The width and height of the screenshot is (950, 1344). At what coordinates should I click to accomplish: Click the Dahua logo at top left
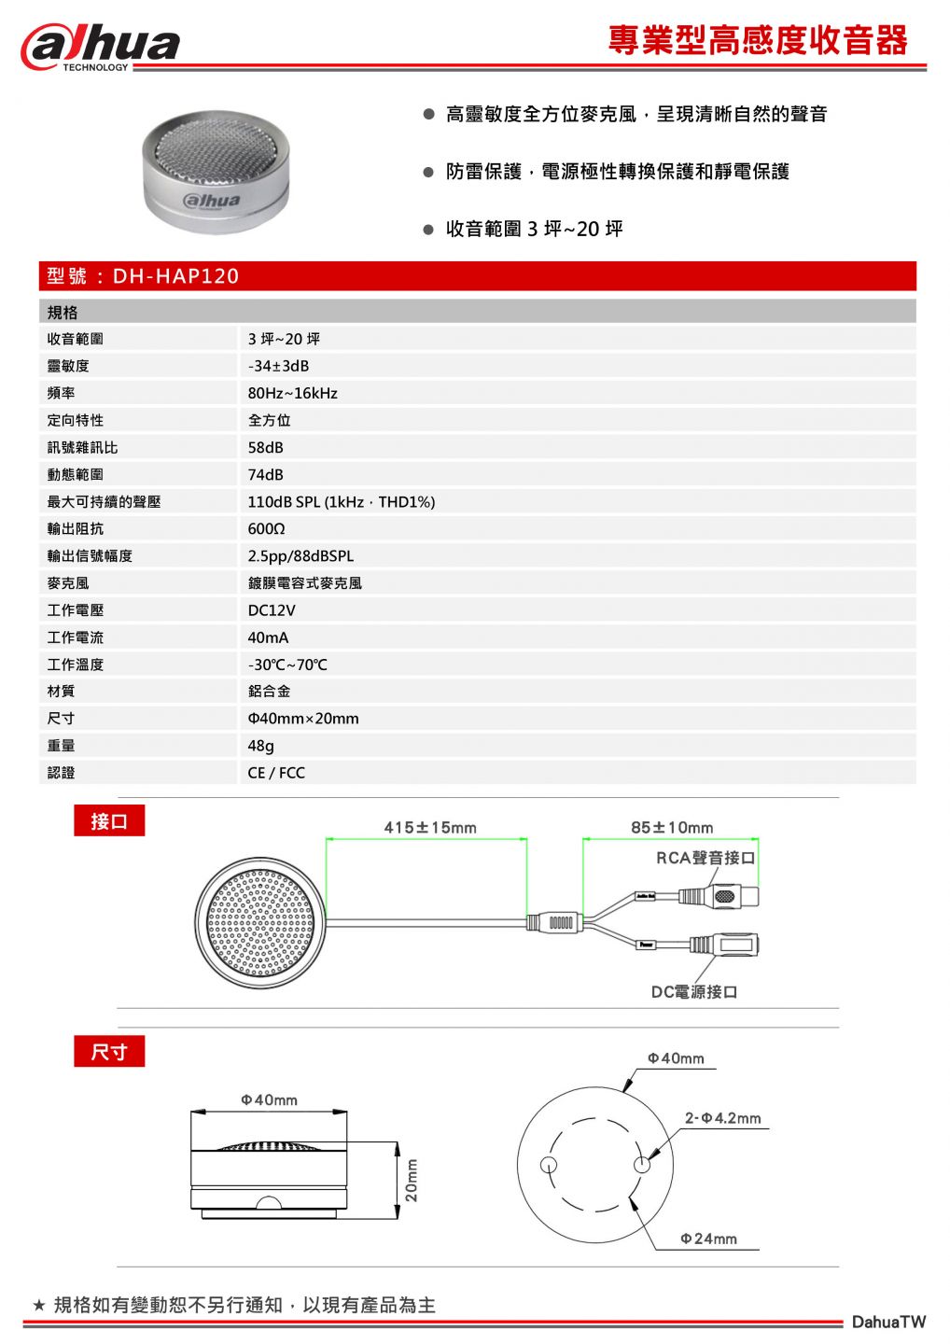[101, 47]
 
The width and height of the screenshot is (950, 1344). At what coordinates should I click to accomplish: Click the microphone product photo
[217, 173]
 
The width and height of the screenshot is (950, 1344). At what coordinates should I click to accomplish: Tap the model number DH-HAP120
[175, 276]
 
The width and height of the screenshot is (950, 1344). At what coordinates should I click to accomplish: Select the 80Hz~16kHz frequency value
[292, 393]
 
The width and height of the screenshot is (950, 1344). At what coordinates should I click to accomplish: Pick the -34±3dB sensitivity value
[278, 366]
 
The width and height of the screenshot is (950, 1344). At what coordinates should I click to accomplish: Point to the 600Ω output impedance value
[266, 528]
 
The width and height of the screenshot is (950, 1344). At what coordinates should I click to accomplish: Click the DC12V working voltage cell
[271, 610]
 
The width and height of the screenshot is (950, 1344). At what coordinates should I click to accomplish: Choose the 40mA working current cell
[268, 637]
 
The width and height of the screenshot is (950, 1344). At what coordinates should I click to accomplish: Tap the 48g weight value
[261, 746]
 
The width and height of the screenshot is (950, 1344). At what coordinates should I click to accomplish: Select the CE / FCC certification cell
[276, 773]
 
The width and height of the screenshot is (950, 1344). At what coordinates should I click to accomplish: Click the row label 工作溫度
[76, 665]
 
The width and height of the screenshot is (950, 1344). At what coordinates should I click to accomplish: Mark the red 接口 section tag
[109, 821]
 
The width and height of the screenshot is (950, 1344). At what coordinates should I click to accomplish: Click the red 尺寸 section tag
[109, 1052]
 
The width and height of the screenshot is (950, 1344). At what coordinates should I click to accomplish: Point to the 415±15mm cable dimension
[430, 828]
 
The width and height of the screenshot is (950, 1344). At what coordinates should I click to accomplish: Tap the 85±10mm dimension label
[672, 828]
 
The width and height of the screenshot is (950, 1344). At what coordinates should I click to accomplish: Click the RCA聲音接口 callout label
[706, 858]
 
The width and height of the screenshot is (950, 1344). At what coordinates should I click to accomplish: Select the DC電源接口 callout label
[694, 991]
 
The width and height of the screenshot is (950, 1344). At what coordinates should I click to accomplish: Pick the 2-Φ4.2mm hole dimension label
[723, 1118]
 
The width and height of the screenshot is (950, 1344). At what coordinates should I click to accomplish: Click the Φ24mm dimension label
[709, 1239]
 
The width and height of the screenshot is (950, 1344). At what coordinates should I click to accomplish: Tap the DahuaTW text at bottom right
[888, 1322]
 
